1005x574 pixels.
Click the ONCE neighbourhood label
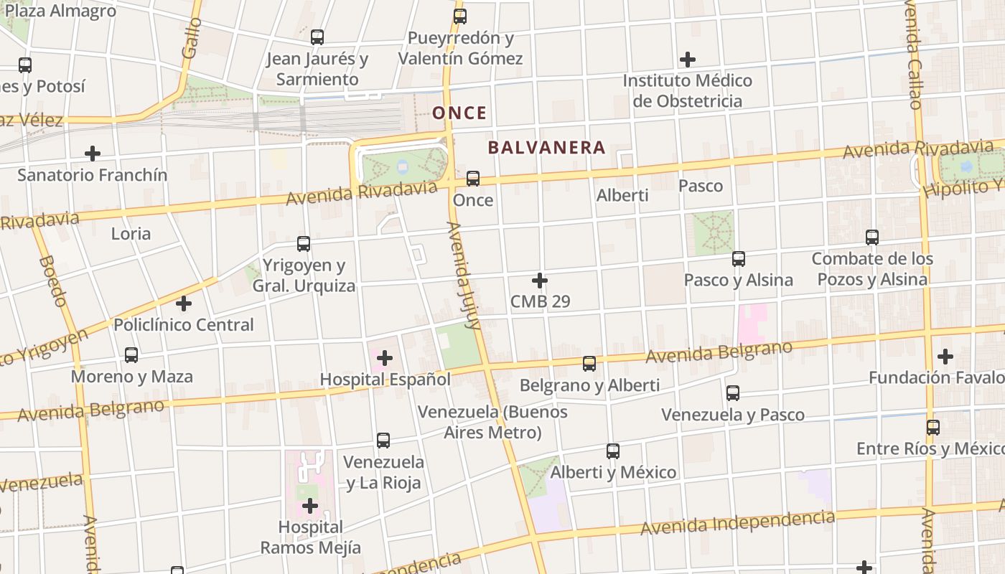pyautogui.click(x=459, y=113)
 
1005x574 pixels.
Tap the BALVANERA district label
pyautogui.click(x=547, y=148)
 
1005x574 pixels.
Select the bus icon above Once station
pyautogui.click(x=473, y=179)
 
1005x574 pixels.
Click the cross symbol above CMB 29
pyautogui.click(x=540, y=281)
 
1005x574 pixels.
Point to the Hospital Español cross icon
pyautogui.click(x=385, y=357)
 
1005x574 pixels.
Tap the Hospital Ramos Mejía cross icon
pyautogui.click(x=310, y=507)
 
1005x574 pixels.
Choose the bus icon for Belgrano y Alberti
pyautogui.click(x=589, y=364)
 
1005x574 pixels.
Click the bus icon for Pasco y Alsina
pyautogui.click(x=738, y=259)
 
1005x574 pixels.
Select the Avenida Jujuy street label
pyautogui.click(x=464, y=275)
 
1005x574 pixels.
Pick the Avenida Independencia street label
pyautogui.click(x=737, y=523)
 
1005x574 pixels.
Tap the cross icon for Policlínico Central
pyautogui.click(x=184, y=304)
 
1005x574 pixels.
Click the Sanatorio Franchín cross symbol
pyautogui.click(x=93, y=154)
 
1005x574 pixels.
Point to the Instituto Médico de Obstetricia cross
pyautogui.click(x=688, y=60)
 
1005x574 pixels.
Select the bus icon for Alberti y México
pyautogui.click(x=612, y=451)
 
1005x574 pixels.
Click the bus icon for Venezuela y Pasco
pyautogui.click(x=732, y=393)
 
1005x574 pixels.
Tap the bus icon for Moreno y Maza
pyautogui.click(x=131, y=355)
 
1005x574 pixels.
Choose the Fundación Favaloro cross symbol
pyautogui.click(x=945, y=356)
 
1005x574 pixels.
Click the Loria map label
pyautogui.click(x=131, y=233)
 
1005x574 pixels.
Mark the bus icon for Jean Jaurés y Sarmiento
pyautogui.click(x=317, y=37)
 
